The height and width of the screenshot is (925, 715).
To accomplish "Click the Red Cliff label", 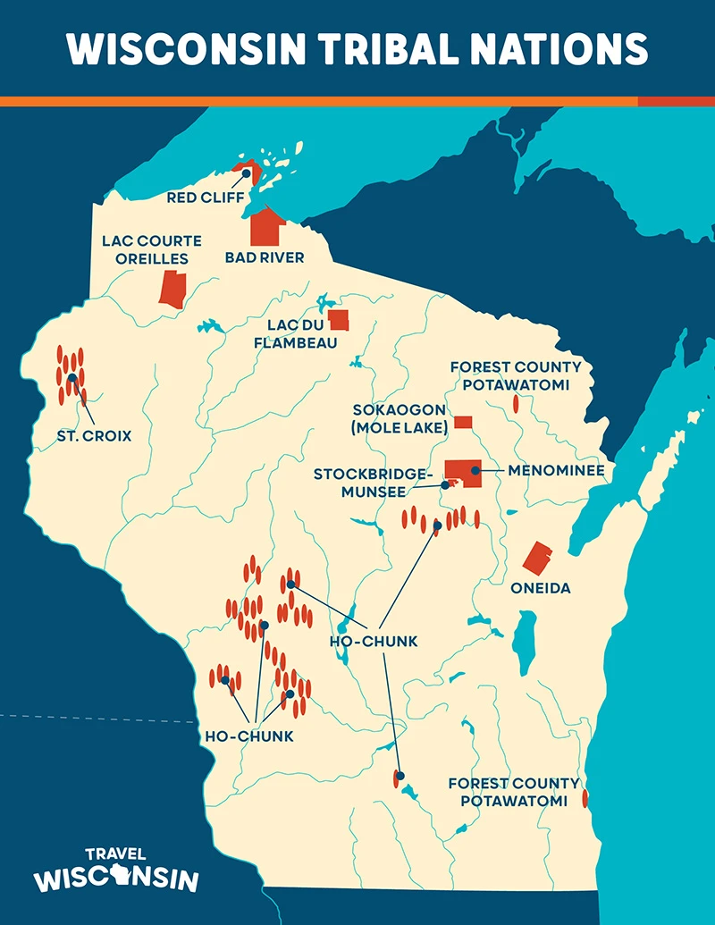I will [205, 197].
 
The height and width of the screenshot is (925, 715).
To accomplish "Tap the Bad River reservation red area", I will [266, 228].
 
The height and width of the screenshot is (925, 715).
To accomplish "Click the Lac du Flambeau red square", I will [339, 320].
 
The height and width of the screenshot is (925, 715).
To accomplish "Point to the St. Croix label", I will [94, 436].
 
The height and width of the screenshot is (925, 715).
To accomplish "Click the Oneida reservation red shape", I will [538, 558].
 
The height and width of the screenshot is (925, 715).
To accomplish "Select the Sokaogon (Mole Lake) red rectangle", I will [463, 422].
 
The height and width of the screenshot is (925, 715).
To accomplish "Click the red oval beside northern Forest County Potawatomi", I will [516, 404].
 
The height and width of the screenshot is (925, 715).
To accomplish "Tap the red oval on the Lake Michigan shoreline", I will [585, 798].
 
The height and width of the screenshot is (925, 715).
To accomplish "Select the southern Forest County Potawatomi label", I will [514, 792].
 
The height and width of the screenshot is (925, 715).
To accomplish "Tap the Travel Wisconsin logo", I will [116, 870].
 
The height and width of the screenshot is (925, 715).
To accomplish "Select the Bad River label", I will [265, 257].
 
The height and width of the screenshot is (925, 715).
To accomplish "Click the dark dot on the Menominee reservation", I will [476, 469].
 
